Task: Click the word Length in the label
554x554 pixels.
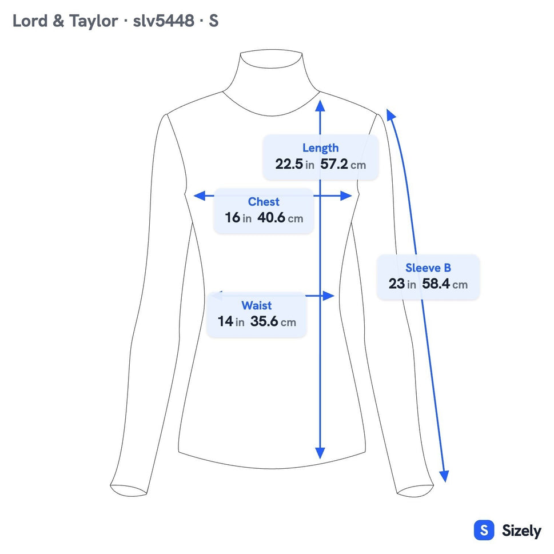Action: tap(321, 148)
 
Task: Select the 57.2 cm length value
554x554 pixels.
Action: tap(343, 164)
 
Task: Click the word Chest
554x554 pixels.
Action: tap(264, 201)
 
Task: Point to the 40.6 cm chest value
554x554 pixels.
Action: tap(280, 218)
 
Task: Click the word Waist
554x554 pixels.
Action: tap(257, 305)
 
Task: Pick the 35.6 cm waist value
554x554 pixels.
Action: tap(273, 321)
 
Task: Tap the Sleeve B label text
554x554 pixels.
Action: tap(428, 268)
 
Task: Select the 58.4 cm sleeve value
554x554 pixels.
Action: tap(445, 284)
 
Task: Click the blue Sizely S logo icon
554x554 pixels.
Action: tap(484, 530)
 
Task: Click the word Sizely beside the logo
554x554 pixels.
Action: tap(521, 531)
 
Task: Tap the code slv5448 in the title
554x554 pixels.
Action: tap(164, 21)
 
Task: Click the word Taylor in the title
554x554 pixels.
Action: tap(93, 21)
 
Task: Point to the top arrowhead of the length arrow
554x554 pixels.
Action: tap(320, 105)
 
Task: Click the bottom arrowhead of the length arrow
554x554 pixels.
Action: tap(320, 453)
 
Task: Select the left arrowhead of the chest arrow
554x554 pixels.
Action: tap(200, 196)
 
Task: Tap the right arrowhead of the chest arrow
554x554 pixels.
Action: tap(346, 196)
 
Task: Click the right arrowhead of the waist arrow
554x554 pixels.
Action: tap(329, 296)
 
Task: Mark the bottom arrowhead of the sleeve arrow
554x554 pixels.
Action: tap(444, 476)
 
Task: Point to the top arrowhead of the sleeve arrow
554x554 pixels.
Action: tap(390, 114)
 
